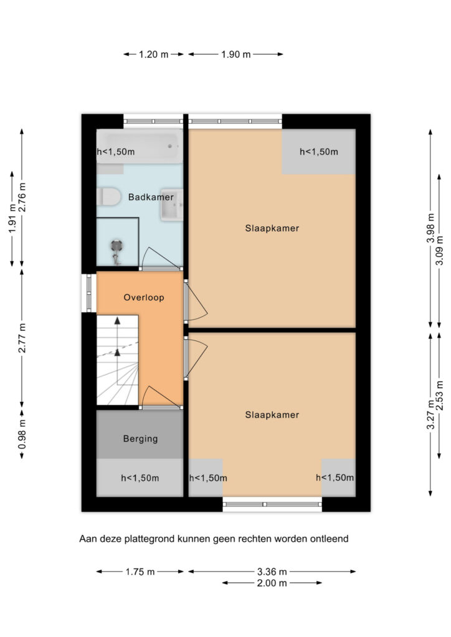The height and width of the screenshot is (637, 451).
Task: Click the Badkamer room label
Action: (x=151, y=197)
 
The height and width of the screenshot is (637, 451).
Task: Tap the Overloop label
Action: (x=144, y=297)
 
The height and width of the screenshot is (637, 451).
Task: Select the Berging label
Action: (x=140, y=439)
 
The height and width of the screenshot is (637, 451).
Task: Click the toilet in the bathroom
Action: (x=109, y=197)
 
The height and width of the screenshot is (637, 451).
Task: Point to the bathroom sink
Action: (x=171, y=205)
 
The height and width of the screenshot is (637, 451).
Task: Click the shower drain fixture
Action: (x=116, y=246)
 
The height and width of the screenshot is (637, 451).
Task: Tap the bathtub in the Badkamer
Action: (x=140, y=146)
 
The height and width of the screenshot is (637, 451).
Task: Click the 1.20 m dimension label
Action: (x=154, y=54)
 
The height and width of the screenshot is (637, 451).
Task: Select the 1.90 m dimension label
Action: (x=236, y=54)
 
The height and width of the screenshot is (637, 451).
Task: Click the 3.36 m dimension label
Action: (x=272, y=572)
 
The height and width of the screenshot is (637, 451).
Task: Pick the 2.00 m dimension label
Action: (x=272, y=583)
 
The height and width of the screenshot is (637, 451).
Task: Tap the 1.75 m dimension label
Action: (x=140, y=572)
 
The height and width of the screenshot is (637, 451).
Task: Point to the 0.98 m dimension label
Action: (x=22, y=434)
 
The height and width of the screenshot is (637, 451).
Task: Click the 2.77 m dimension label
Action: (x=22, y=338)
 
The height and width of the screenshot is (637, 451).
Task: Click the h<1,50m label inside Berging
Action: (x=140, y=478)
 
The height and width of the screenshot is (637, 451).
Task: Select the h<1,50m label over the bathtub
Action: (x=115, y=152)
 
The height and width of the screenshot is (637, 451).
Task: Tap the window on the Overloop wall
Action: (x=88, y=293)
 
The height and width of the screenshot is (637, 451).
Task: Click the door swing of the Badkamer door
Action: (x=160, y=258)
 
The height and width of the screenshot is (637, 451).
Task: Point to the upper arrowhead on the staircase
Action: (x=118, y=320)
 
